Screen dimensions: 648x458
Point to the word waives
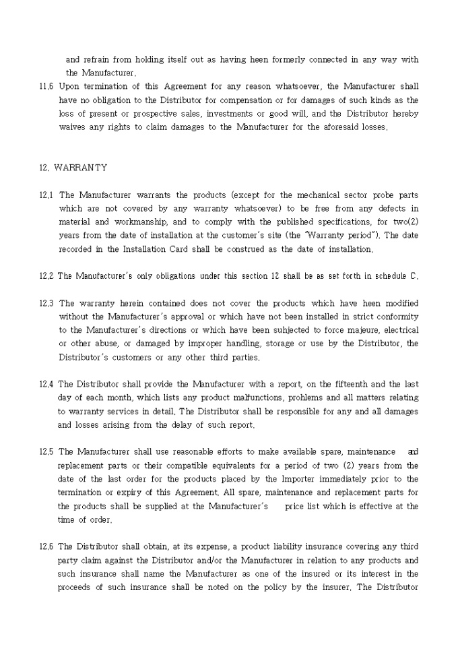73,127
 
